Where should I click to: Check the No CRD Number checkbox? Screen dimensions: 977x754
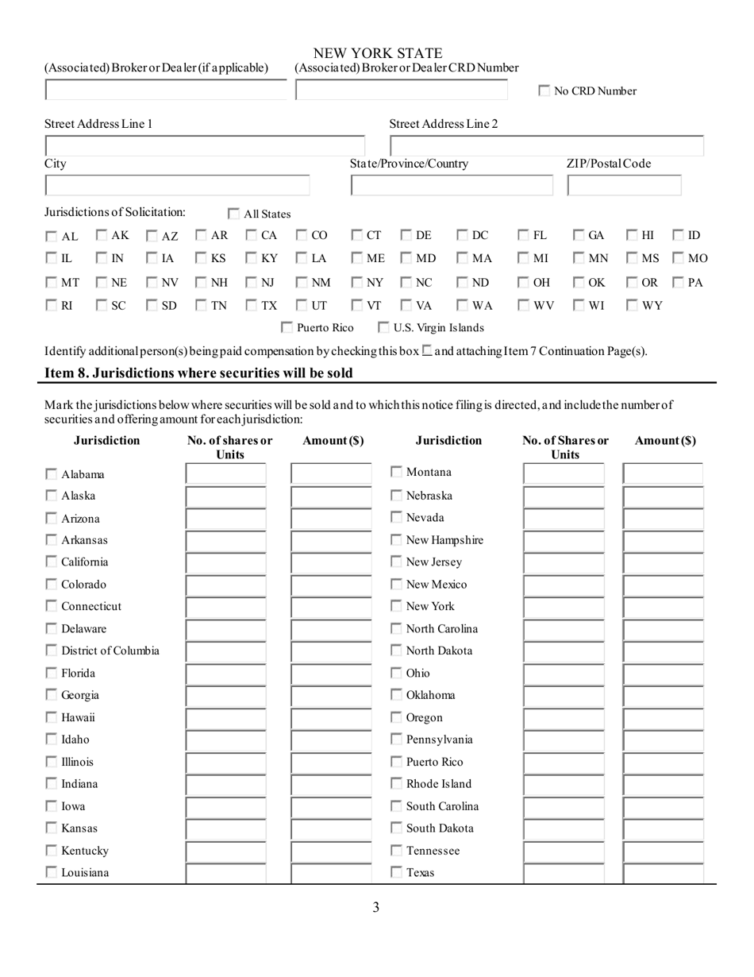tap(544, 91)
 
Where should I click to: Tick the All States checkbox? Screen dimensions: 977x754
tap(234, 214)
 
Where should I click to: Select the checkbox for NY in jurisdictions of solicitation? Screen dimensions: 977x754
tap(357, 282)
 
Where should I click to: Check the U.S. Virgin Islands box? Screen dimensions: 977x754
tap(383, 327)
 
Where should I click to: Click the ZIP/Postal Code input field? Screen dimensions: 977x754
tap(624, 186)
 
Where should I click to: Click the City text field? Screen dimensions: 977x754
tap(177, 186)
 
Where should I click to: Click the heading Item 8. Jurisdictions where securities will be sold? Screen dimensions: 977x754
tap(198, 373)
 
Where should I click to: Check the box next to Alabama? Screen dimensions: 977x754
tap(51, 474)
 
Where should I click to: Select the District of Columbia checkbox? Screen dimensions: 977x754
tap(51, 651)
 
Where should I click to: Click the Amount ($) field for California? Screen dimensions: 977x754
tap(331, 562)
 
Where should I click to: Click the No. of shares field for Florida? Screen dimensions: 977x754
tap(226, 673)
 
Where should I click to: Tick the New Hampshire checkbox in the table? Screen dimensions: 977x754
tap(397, 540)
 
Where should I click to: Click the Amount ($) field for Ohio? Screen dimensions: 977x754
tap(663, 673)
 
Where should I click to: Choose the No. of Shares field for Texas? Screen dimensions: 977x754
tap(564, 873)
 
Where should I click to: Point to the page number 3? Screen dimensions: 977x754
tap(375, 907)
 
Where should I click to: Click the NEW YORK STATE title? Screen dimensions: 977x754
tap(378, 54)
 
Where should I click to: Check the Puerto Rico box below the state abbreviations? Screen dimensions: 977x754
tap(288, 327)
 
